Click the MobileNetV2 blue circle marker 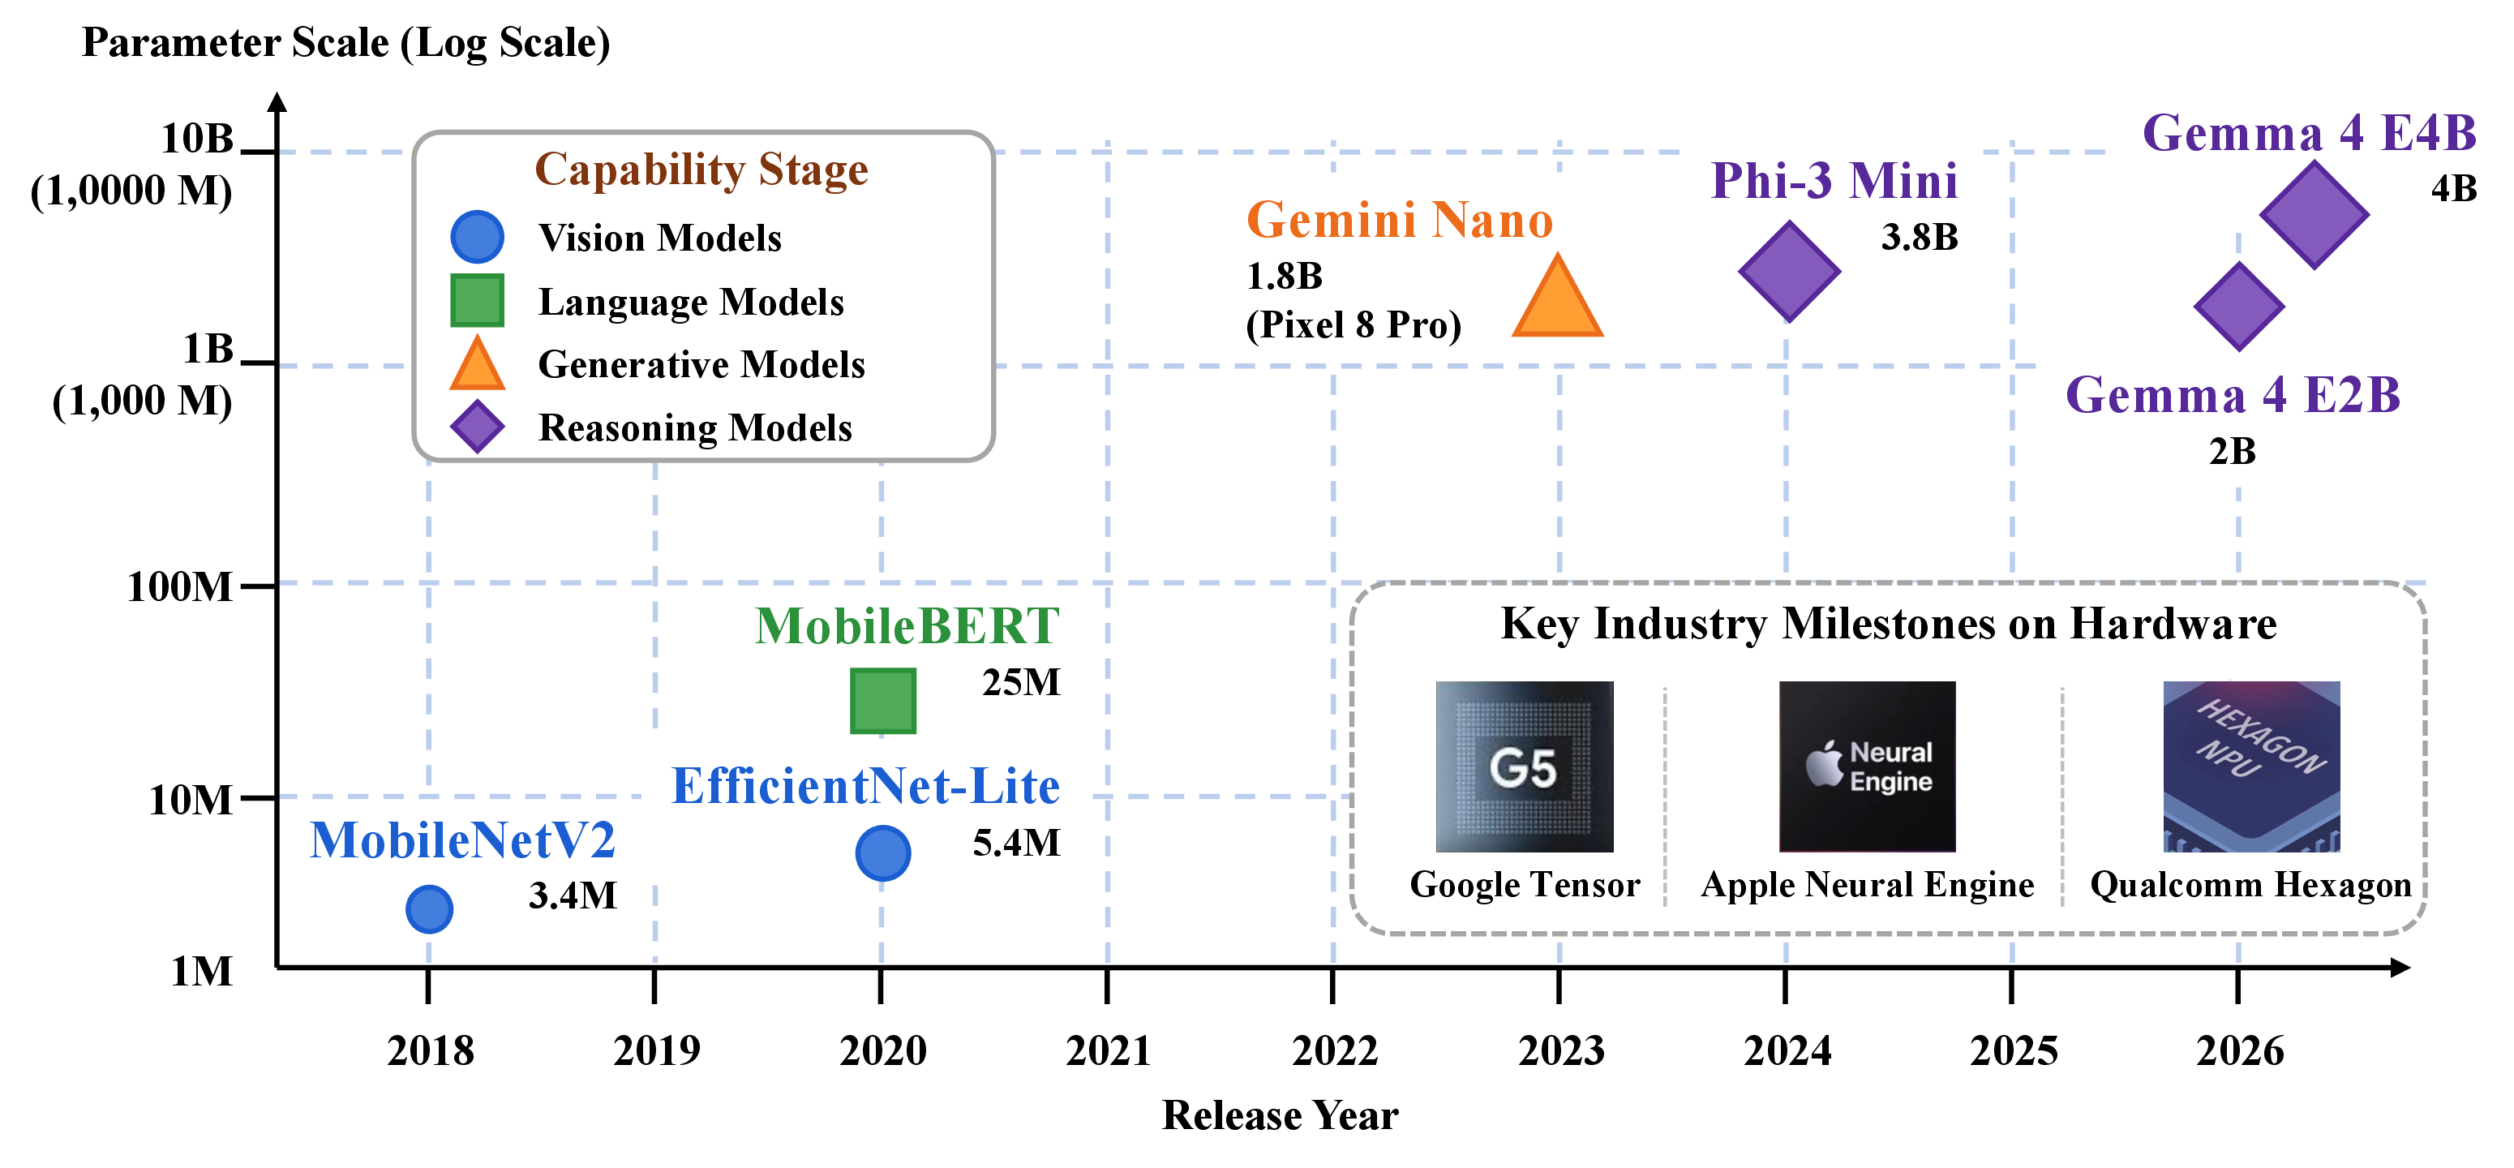[x=430, y=909]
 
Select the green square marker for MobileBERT [x=883, y=701]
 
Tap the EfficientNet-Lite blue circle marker [x=883, y=852]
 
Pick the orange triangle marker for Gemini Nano [x=1558, y=296]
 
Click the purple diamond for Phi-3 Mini [x=1790, y=271]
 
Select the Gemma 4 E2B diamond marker [x=2240, y=307]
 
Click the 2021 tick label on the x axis [x=1109, y=1051]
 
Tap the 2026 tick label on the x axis [x=2240, y=1051]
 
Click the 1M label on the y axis [x=202, y=971]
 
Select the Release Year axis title [x=1281, y=1115]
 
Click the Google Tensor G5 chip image [x=1525, y=767]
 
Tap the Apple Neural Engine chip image [x=1867, y=767]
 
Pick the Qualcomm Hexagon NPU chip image [x=2251, y=767]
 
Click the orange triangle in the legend [x=477, y=364]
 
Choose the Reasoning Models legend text [x=696, y=427]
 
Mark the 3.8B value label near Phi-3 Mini [x=1920, y=237]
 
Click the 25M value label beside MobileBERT [x=1021, y=682]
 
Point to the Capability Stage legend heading [x=701, y=170]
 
